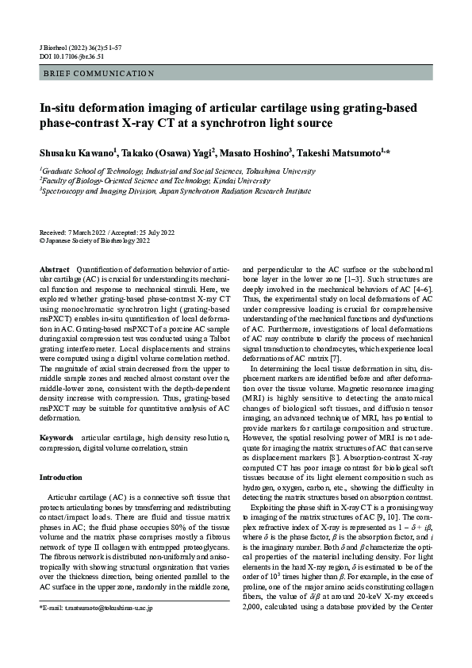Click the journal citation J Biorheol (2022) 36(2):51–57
coord(82,48)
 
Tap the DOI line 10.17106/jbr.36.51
coord(72,56)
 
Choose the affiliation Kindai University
coord(201,180)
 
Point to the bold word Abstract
coord(55,271)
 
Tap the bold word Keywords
coord(57,438)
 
